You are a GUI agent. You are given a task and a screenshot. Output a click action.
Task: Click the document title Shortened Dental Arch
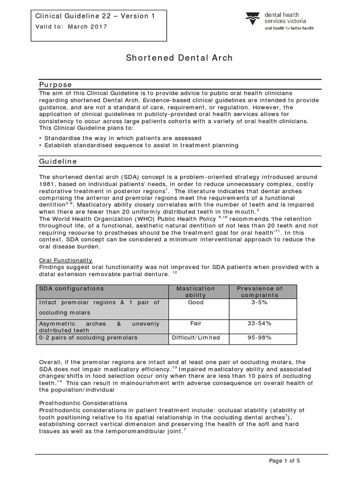(x=179, y=58)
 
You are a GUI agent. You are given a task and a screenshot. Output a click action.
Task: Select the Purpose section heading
(x=55, y=85)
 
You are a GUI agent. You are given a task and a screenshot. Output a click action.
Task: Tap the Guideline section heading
(x=58, y=161)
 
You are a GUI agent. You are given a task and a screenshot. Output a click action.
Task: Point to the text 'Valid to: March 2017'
(x=72, y=27)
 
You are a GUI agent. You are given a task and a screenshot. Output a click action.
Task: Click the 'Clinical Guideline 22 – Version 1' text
(x=95, y=16)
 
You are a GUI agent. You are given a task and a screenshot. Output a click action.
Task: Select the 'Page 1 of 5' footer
(x=285, y=461)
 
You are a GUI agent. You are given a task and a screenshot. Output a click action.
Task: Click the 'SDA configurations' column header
(x=72, y=289)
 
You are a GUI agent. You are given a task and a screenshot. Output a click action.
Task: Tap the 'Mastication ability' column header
(x=195, y=292)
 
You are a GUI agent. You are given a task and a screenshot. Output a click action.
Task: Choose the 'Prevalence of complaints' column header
(x=259, y=292)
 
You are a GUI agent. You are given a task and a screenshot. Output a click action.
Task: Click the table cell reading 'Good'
(x=195, y=303)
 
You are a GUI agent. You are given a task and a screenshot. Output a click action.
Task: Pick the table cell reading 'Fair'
(x=195, y=323)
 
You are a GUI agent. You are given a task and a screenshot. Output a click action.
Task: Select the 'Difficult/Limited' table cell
(x=195, y=337)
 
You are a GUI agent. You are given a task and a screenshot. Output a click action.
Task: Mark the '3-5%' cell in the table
(x=259, y=303)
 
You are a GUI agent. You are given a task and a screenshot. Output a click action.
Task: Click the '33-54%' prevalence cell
(x=259, y=323)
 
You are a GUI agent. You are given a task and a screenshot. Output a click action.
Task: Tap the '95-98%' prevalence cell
(x=259, y=337)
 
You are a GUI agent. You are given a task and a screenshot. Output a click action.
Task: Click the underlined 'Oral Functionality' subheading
(x=66, y=260)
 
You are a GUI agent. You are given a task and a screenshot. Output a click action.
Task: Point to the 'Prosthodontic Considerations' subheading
(x=83, y=403)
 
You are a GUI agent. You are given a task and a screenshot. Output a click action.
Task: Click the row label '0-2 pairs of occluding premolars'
(x=89, y=338)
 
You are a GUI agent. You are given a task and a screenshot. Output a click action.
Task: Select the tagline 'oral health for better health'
(x=289, y=28)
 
